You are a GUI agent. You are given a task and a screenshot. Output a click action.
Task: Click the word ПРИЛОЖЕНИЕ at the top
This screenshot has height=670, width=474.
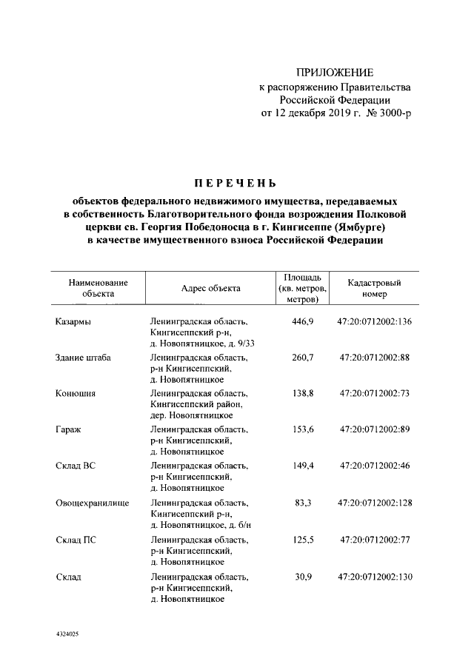335,73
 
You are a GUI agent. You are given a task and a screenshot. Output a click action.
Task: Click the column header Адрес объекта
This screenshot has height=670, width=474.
210,289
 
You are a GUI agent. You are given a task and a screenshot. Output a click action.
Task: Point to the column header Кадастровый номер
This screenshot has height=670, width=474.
374,288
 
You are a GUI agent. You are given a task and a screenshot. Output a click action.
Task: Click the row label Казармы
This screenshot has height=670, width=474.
73,322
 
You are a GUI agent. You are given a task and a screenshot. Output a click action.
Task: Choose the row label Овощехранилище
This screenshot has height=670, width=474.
93,503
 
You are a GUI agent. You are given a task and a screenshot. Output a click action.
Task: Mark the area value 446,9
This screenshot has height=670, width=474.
302,322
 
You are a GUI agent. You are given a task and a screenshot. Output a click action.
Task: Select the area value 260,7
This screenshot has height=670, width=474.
302,358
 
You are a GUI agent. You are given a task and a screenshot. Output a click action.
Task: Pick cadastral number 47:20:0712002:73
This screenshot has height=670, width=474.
374,393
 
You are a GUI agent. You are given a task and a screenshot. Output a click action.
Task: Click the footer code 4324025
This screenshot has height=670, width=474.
67,634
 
